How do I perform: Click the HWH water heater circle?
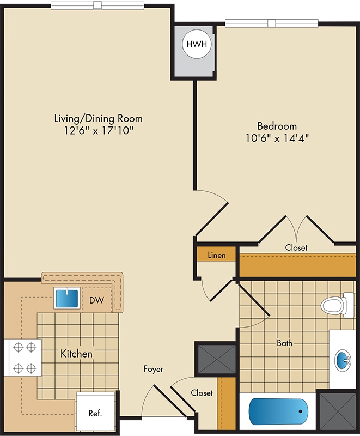tap(197, 44)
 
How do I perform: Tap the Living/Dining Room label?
tap(99, 118)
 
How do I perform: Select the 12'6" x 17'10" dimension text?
tap(99, 130)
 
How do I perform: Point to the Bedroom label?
tap(277, 126)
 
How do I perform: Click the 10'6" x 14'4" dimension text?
tap(277, 138)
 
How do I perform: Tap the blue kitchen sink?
tap(67, 298)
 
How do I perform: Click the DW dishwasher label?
tap(96, 300)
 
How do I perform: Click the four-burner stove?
tap(23, 358)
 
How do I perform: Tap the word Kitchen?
tap(76, 354)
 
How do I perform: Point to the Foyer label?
tap(154, 369)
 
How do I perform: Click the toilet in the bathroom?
tap(337, 305)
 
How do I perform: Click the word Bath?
tap(284, 343)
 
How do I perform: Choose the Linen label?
tap(217, 255)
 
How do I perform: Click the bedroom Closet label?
tap(296, 247)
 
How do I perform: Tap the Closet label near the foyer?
tap(202, 392)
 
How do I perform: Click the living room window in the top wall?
tap(97, 5)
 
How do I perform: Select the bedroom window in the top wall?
tap(272, 23)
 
